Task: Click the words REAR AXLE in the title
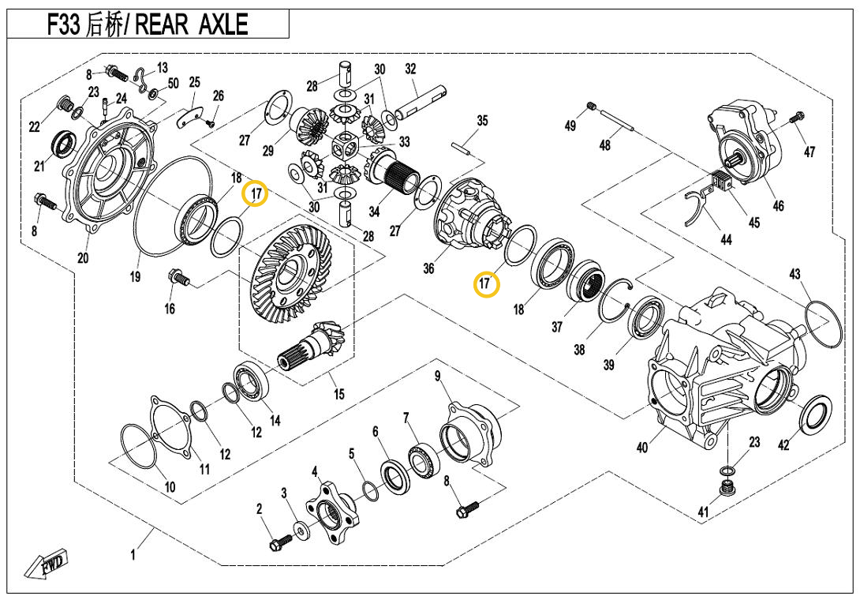click(193, 24)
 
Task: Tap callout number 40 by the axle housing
click(642, 448)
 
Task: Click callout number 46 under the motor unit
click(778, 206)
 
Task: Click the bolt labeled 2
click(279, 544)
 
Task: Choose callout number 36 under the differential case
click(428, 268)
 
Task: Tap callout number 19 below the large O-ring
click(135, 276)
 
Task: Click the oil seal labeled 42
click(814, 415)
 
